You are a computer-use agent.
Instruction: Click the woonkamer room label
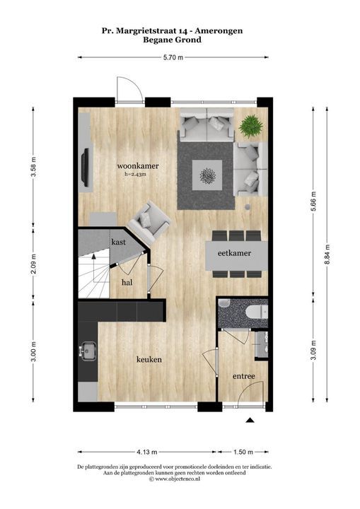tap(138, 166)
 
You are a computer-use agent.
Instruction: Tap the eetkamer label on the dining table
tap(234, 253)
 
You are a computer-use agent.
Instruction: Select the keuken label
tap(149, 359)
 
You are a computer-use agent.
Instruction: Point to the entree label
tap(244, 376)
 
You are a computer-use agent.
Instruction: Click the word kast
tap(118, 242)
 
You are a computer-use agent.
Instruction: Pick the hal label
tap(127, 282)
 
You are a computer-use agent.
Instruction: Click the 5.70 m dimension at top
tap(173, 58)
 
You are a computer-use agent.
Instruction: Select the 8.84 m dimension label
tap(327, 255)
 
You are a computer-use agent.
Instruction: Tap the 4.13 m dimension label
tap(147, 452)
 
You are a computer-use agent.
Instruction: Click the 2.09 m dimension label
tap(33, 264)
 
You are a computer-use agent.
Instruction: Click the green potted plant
tap(251, 125)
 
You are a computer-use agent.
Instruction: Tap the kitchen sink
tap(88, 351)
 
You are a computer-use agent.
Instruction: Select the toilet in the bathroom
tap(257, 313)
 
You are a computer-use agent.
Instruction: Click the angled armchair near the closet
tap(149, 223)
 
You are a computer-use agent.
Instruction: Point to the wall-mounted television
tap(86, 168)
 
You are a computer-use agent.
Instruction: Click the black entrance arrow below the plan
tap(250, 420)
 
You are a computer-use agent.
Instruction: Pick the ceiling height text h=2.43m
tap(136, 175)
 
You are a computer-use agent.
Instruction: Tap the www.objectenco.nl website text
tap(177, 479)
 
